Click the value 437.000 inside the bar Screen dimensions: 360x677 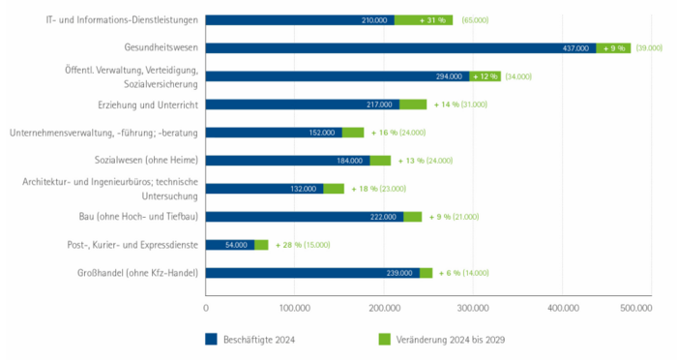pos(578,47)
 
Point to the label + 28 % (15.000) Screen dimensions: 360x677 pos(308,245)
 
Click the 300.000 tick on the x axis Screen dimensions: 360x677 pos(474,307)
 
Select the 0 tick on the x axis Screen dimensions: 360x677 pos(206,307)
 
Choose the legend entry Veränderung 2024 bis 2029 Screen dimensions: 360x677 pos(451,339)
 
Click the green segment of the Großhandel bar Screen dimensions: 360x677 pos(427,273)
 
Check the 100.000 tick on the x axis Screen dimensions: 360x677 pos(294,307)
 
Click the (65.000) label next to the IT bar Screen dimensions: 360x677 pos(476,19)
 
